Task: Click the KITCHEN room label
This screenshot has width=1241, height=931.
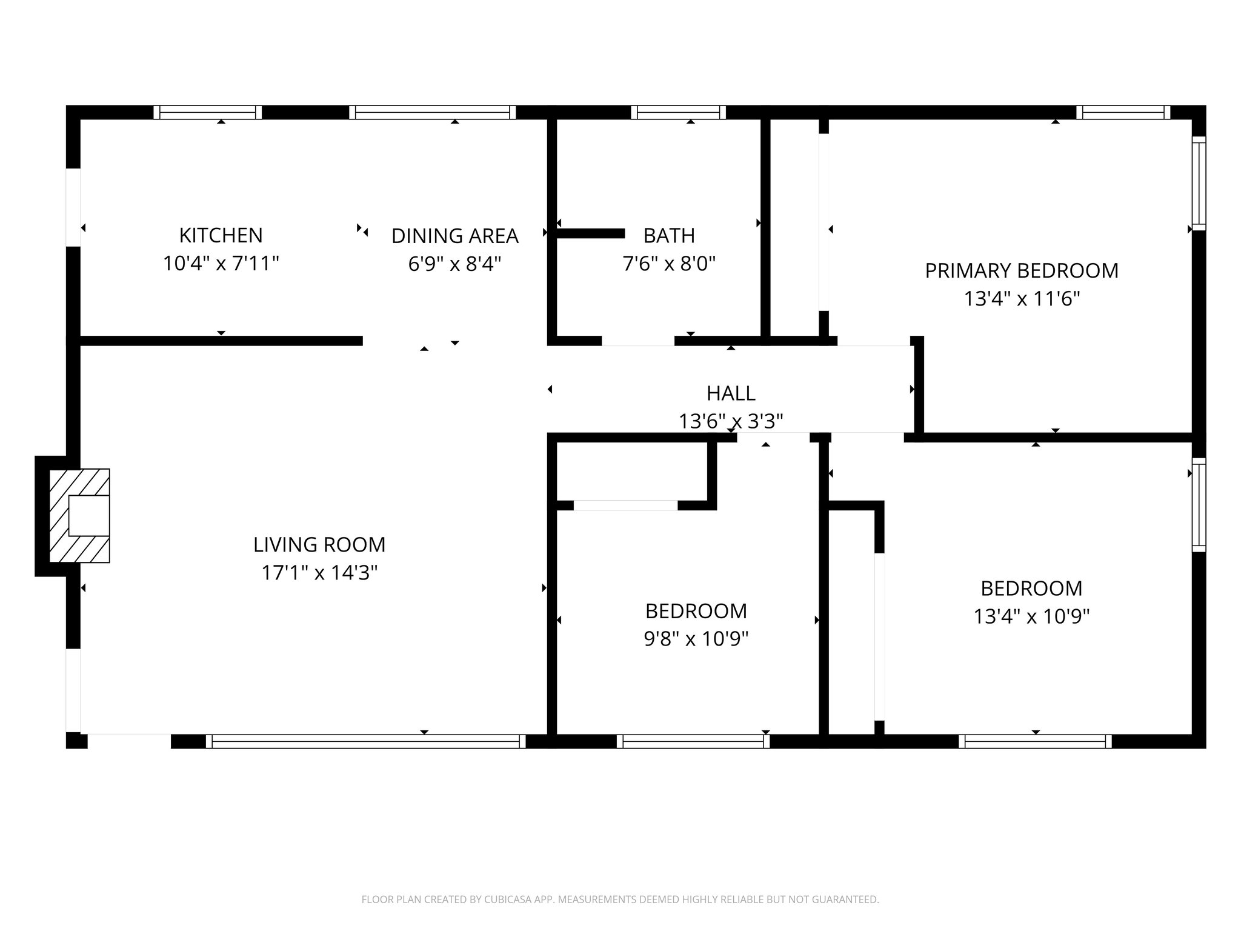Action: pyautogui.click(x=221, y=235)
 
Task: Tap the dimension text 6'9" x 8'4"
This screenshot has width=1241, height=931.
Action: pyautogui.click(x=454, y=264)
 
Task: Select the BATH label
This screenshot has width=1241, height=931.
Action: pyautogui.click(x=668, y=235)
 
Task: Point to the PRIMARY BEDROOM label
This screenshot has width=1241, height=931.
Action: pyautogui.click(x=1021, y=270)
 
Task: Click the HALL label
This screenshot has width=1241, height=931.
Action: pyautogui.click(x=730, y=393)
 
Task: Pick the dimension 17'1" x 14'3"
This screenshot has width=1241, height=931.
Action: pyautogui.click(x=319, y=573)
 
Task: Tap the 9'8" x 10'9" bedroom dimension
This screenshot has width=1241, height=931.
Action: pyautogui.click(x=696, y=639)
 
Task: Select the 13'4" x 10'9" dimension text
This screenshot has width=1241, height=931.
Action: pyautogui.click(x=1031, y=616)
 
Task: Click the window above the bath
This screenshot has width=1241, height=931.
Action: pyautogui.click(x=678, y=112)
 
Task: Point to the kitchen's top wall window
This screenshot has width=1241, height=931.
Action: pyautogui.click(x=207, y=112)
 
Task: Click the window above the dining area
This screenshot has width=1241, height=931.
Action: pyautogui.click(x=433, y=112)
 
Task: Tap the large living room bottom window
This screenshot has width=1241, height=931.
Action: pyautogui.click(x=366, y=741)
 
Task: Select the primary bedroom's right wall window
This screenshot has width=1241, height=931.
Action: pyautogui.click(x=1199, y=184)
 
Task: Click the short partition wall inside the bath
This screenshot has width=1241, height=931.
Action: pyautogui.click(x=590, y=233)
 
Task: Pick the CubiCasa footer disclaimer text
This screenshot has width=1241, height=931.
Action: pyautogui.click(x=620, y=899)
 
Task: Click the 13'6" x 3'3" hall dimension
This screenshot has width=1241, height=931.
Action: pyautogui.click(x=730, y=421)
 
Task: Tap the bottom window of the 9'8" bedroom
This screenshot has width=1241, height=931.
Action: pyautogui.click(x=693, y=741)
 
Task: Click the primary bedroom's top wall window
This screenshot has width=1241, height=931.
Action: pyautogui.click(x=1123, y=112)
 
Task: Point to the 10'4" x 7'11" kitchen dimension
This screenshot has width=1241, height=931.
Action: pyautogui.click(x=221, y=264)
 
